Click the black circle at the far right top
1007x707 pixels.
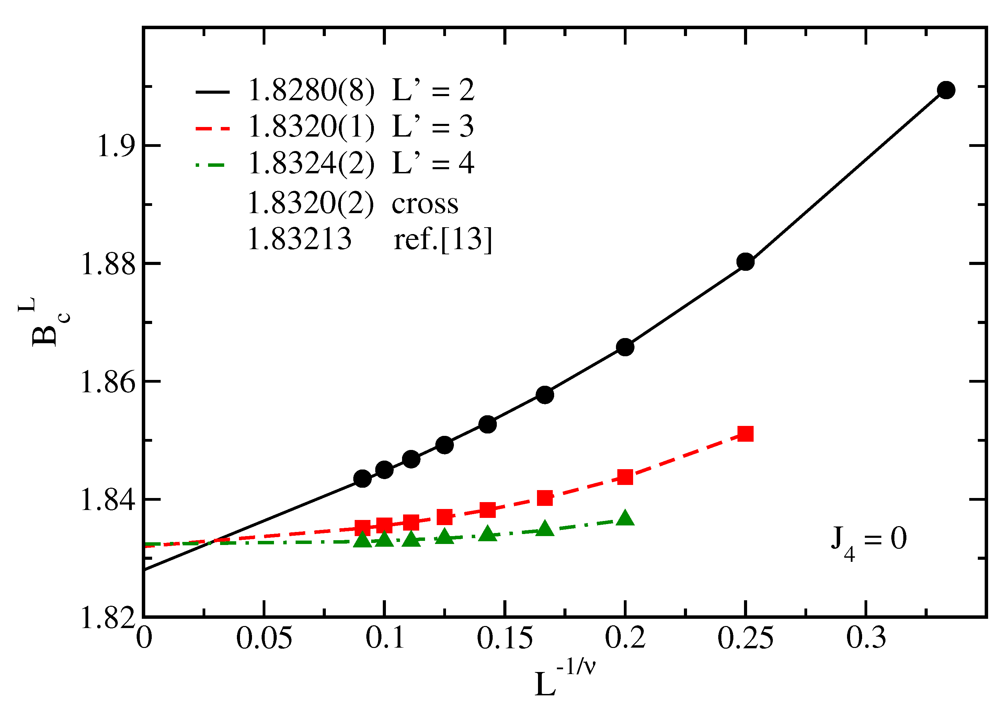click(946, 90)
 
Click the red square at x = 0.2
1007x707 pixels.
click(625, 476)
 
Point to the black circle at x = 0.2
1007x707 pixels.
click(625, 347)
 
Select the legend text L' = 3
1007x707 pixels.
click(433, 127)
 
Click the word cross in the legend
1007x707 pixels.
click(425, 204)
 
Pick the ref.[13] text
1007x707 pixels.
click(443, 240)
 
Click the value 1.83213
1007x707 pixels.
click(299, 240)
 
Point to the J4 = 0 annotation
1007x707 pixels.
click(868, 541)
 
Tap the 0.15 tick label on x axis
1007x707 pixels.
click(505, 638)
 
